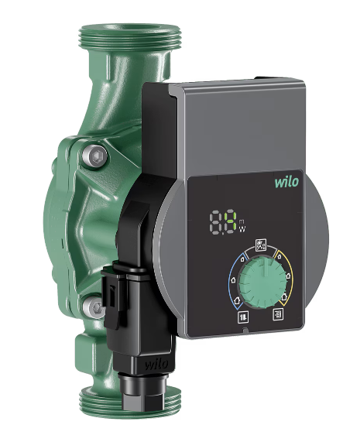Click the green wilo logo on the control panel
point(286,182)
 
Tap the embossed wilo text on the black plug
point(156,364)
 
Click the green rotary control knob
point(262,283)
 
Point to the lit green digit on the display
point(231,221)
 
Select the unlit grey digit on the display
point(216,221)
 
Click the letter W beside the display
point(242,229)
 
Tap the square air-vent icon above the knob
point(260,245)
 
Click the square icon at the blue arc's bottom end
point(243,317)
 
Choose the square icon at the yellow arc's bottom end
point(278,314)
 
